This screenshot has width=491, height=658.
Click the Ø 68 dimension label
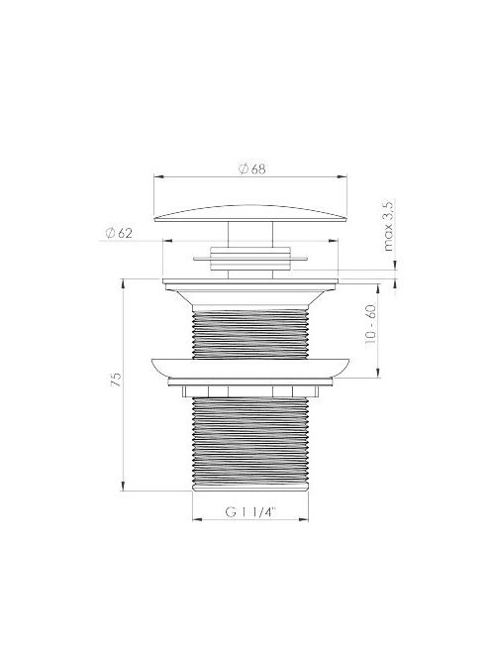252,168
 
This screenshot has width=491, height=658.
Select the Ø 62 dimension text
119,233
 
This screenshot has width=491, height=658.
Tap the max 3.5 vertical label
388,226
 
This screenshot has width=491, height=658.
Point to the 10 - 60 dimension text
370,324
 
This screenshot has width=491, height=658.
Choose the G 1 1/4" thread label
251,512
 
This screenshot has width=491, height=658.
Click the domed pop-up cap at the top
250,213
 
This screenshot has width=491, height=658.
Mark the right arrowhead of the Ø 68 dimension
343,177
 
